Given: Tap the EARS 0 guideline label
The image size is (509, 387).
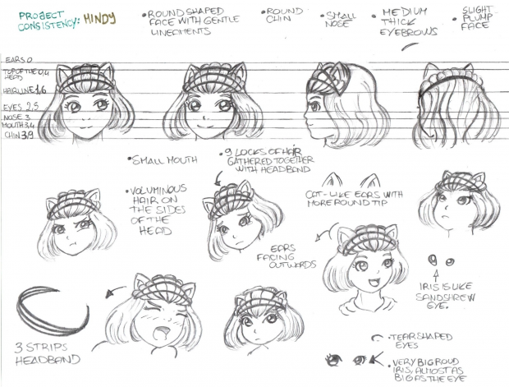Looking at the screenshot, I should (x=18, y=61).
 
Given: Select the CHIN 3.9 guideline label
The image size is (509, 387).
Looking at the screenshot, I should (x=19, y=134).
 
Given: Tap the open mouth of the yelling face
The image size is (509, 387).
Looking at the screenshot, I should (x=163, y=335).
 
